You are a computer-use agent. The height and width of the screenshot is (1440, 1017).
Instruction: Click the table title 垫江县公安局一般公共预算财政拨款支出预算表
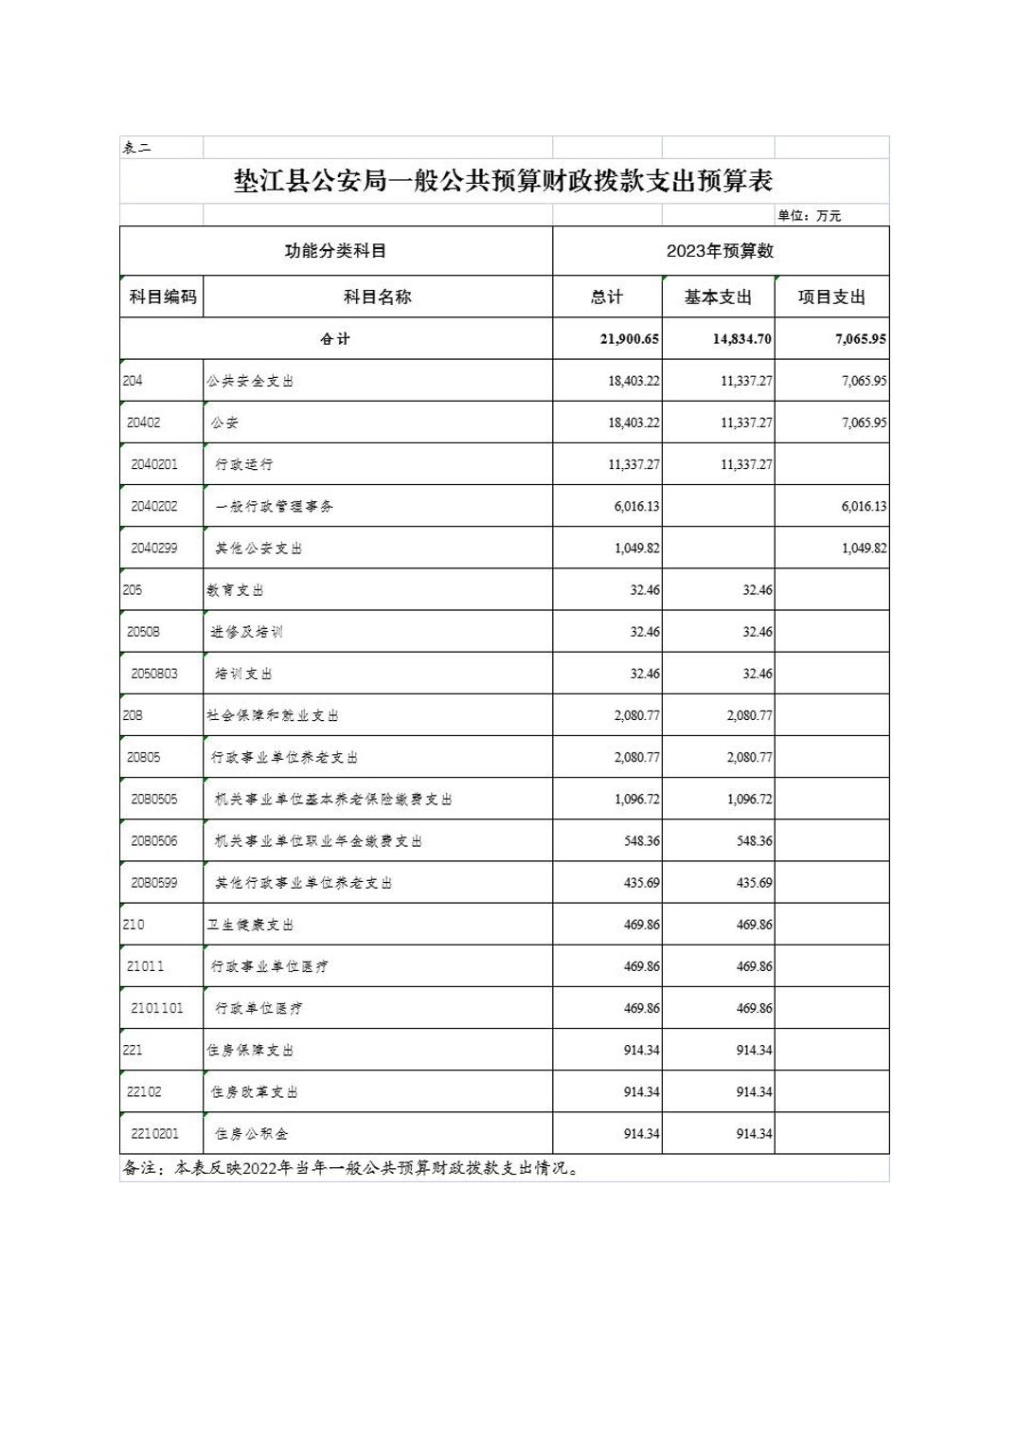(x=503, y=181)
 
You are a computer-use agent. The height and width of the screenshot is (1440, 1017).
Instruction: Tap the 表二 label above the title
(x=137, y=148)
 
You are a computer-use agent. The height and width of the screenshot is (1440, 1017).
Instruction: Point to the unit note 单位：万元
(x=809, y=216)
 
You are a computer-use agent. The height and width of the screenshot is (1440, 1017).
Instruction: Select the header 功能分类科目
(x=335, y=251)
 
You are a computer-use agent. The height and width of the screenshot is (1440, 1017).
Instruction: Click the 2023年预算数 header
(x=720, y=251)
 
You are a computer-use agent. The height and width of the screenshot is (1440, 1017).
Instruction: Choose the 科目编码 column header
(x=163, y=297)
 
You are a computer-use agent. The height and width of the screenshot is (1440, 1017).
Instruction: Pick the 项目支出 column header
(x=831, y=297)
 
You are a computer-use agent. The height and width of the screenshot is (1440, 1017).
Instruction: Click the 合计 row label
(x=335, y=339)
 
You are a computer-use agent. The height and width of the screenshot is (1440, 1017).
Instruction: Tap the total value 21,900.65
(x=630, y=339)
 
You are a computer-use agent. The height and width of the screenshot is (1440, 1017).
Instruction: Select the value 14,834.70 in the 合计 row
(x=741, y=339)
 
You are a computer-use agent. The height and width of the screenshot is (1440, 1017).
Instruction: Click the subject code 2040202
(x=154, y=506)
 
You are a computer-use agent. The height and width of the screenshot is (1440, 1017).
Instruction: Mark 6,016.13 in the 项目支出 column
(x=864, y=506)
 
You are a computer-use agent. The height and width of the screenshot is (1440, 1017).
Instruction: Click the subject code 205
(x=133, y=589)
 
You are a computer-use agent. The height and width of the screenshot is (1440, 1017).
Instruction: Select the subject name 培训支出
(x=243, y=674)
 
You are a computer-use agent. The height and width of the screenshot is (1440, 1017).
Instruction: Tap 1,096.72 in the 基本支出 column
(x=749, y=799)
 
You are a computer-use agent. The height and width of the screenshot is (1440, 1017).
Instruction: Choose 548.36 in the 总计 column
(x=641, y=840)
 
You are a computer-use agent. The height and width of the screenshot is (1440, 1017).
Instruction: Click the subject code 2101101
(x=157, y=1008)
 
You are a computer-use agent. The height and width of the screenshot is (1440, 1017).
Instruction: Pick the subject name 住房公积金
(x=251, y=1133)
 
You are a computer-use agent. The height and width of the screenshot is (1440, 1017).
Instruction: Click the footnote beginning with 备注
(x=350, y=1168)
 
